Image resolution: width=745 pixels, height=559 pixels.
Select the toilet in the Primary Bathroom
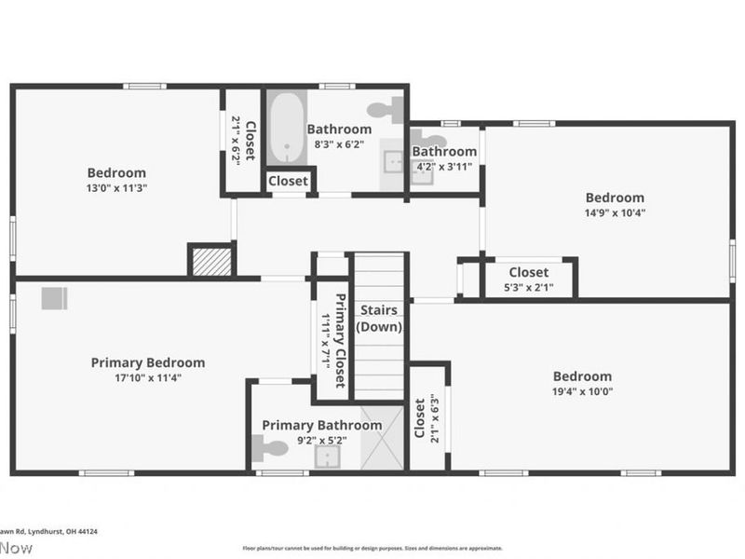pos(269,449)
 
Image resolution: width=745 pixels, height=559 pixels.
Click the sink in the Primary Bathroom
pos(327,456)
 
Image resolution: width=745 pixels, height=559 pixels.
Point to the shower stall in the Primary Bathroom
pos(383,439)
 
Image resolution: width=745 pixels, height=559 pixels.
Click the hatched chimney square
pos(211,261)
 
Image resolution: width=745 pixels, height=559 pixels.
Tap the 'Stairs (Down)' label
pos(380,318)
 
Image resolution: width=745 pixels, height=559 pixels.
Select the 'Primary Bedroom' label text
pos(148,362)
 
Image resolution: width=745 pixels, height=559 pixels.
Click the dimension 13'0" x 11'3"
pos(116,187)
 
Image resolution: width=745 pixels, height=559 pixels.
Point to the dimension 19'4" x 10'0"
pos(583,391)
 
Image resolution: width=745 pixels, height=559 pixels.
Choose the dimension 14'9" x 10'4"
pos(615,212)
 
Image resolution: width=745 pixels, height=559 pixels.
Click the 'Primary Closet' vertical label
pos(340,341)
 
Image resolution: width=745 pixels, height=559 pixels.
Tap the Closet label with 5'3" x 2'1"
pos(528,272)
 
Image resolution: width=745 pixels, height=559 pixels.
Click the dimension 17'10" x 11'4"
pos(148,377)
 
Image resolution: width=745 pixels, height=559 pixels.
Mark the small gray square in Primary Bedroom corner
pos(54,298)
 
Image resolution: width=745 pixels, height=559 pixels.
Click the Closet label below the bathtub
pos(289,181)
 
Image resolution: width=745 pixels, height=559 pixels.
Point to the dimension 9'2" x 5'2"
pos(321,440)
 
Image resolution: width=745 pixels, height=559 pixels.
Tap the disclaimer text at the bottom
pos(372,549)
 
